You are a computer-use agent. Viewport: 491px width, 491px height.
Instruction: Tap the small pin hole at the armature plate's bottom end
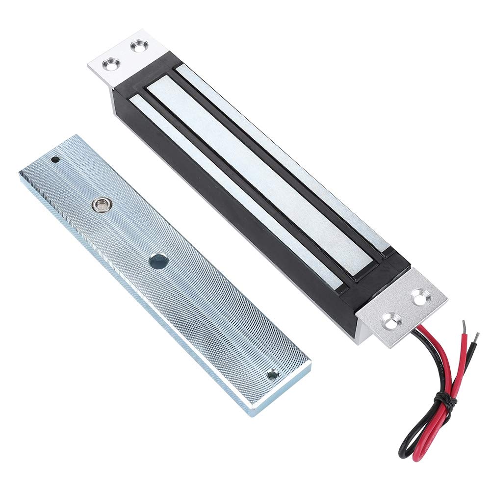(271, 375)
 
